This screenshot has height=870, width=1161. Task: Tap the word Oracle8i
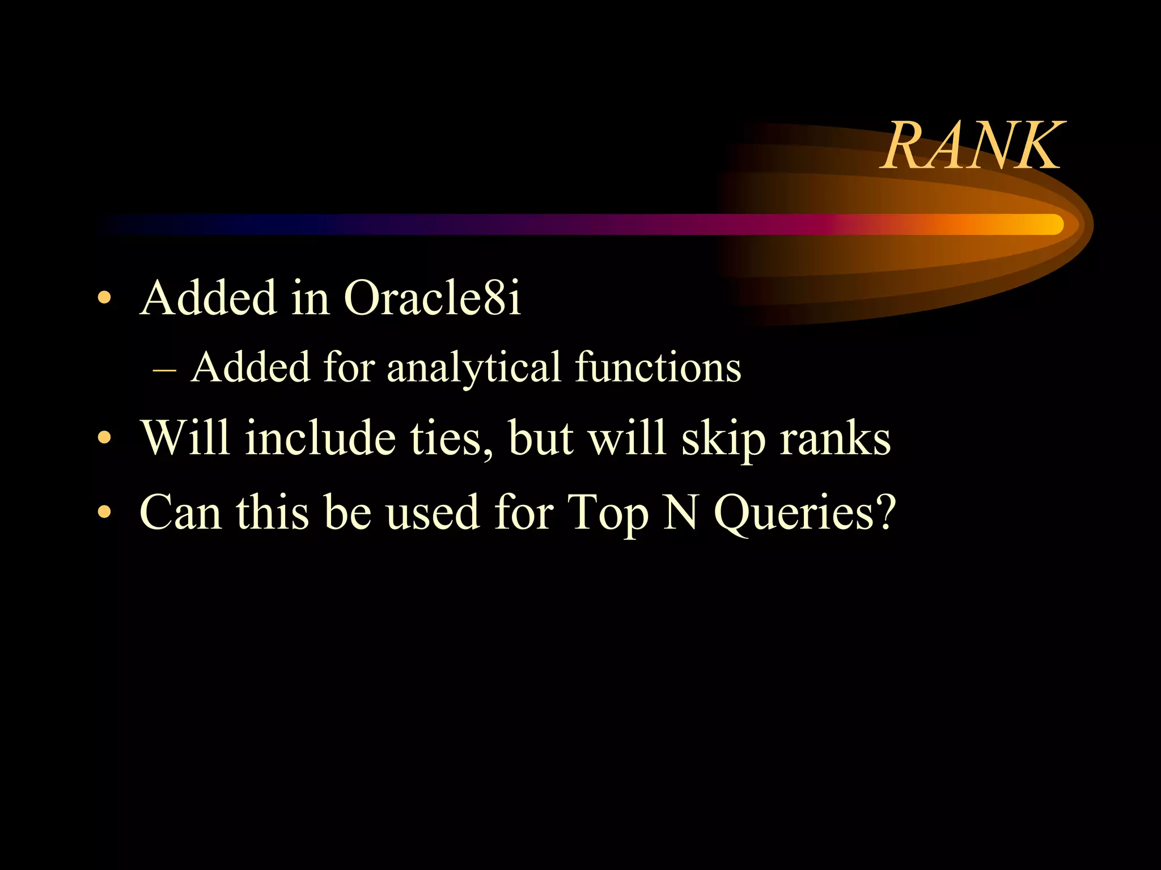point(432,298)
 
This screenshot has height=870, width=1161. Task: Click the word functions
point(658,368)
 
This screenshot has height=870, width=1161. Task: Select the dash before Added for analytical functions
point(164,369)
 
